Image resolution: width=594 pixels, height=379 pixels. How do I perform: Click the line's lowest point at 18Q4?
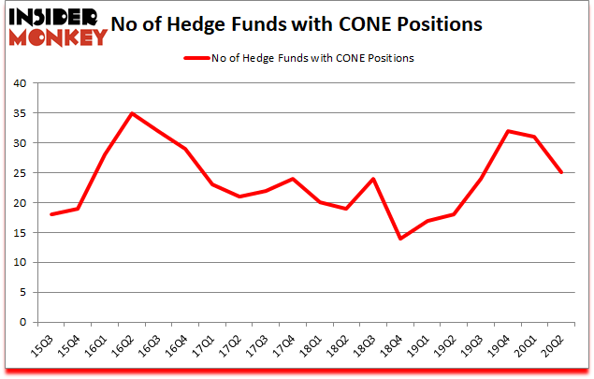click(401, 239)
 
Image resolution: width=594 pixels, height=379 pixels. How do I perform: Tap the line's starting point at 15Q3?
click(51, 214)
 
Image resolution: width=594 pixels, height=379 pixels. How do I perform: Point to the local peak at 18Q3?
click(374, 179)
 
